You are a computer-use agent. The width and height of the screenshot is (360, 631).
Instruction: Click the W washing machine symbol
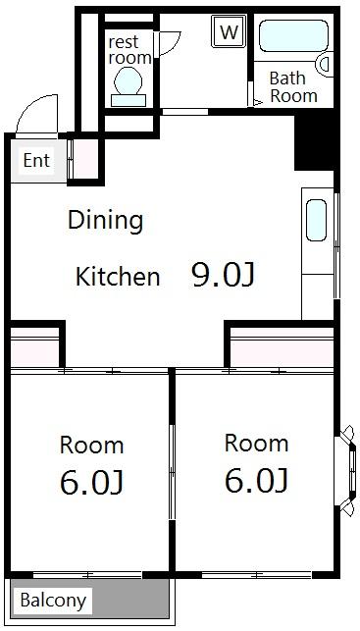tap(229, 31)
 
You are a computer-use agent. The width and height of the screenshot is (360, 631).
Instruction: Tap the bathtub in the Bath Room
tap(293, 35)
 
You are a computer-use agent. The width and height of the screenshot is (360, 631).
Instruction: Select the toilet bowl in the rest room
tap(129, 86)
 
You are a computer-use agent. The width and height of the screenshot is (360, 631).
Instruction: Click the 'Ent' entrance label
tap(36, 161)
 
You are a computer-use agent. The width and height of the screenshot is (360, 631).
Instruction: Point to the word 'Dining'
tap(105, 222)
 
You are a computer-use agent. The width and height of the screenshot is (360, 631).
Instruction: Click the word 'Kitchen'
tap(118, 277)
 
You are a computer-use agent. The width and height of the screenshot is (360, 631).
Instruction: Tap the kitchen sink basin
tap(316, 220)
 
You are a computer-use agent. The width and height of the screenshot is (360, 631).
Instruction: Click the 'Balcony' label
tap(53, 601)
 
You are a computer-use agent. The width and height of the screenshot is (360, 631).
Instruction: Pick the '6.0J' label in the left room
tap(91, 482)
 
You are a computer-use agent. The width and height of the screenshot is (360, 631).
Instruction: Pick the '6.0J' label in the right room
tap(256, 480)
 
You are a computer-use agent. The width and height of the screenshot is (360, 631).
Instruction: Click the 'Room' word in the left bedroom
tap(91, 446)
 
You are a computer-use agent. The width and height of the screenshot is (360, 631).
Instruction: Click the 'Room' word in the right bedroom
tap(257, 443)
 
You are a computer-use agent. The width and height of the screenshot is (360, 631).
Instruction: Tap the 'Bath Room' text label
tap(293, 87)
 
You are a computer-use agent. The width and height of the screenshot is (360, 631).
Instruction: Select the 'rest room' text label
tap(129, 50)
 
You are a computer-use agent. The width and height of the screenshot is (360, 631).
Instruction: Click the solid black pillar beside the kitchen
tap(315, 142)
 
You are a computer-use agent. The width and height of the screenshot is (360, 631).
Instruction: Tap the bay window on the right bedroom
tap(345, 471)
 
